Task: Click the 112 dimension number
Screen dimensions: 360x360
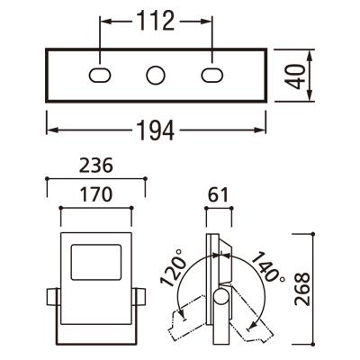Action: click(x=156, y=19)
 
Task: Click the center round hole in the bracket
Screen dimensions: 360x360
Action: click(x=156, y=75)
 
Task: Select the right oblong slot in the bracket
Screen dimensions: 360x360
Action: click(x=211, y=75)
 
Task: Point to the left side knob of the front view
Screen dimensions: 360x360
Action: click(x=51, y=298)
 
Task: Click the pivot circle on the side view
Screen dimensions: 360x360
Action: click(x=220, y=299)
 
